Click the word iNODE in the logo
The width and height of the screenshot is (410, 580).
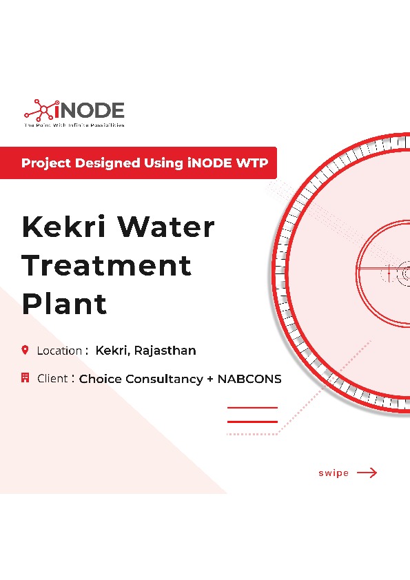tap(90, 110)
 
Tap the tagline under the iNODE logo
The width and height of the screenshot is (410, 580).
tap(74, 126)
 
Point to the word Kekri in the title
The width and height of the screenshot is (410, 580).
tap(63, 227)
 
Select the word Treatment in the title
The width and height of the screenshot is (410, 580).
tap(106, 265)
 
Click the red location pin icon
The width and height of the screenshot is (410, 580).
tap(25, 350)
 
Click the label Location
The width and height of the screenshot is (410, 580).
tap(59, 351)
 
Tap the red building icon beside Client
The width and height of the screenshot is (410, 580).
tap(25, 377)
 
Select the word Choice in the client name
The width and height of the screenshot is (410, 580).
tap(99, 379)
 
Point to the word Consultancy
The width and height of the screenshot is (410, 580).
tap(160, 379)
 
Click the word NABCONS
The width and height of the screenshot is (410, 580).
tap(249, 379)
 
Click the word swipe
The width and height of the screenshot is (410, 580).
tap(334, 473)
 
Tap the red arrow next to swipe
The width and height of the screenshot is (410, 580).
tap(367, 473)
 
